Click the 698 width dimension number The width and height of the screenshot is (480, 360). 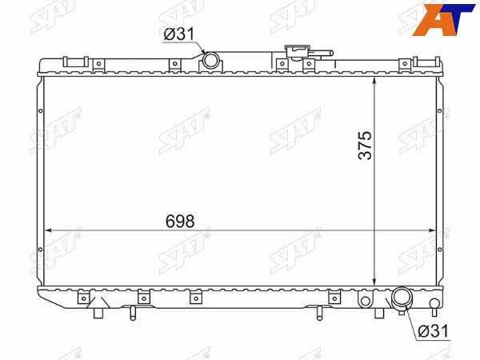click(180, 221)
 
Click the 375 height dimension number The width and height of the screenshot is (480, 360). click(365, 146)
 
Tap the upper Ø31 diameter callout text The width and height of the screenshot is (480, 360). click(179, 34)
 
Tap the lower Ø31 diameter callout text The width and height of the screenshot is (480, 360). click(433, 330)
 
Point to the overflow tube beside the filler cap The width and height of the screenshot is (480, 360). click(322, 54)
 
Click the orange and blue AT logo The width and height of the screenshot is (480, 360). click(443, 18)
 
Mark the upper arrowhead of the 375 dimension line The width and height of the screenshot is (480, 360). click(374, 81)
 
